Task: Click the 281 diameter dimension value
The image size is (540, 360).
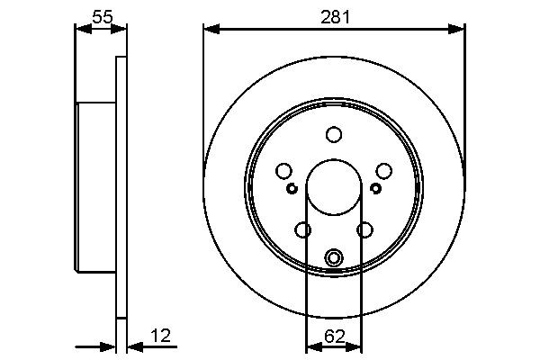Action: click(334, 15)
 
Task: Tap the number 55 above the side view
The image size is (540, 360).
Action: click(102, 15)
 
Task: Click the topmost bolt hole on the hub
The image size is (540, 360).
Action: click(334, 135)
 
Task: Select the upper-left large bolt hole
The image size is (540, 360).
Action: click(284, 171)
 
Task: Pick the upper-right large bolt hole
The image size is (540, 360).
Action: click(383, 171)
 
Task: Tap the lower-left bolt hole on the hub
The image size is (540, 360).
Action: click(303, 230)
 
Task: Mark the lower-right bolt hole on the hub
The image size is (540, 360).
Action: click(364, 230)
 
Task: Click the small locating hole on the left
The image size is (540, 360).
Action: click(292, 188)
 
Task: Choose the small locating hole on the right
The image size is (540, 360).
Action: click(376, 188)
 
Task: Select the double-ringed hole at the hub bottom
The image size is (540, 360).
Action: click(334, 258)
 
